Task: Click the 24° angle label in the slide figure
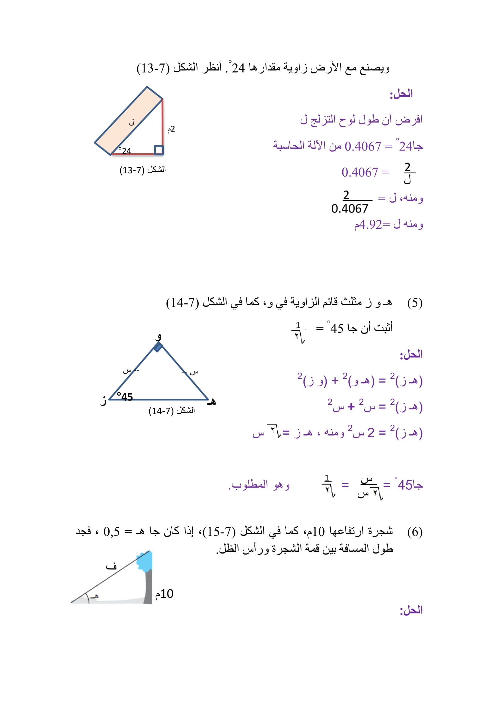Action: click(x=125, y=150)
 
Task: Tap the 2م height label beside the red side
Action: click(x=171, y=129)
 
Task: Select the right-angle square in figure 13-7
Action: click(x=159, y=150)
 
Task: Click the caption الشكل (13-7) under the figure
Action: click(x=143, y=169)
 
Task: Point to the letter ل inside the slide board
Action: click(x=132, y=122)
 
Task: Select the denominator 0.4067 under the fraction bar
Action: click(x=350, y=209)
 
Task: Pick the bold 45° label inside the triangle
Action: click(x=125, y=397)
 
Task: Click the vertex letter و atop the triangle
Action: click(x=158, y=337)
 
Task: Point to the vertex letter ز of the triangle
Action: click(x=104, y=400)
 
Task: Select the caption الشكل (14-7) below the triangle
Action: click(x=172, y=411)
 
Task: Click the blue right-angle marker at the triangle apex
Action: click(x=158, y=347)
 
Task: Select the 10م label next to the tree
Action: click(x=164, y=594)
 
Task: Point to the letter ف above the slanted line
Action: click(x=111, y=566)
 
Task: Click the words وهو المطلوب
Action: click(x=259, y=485)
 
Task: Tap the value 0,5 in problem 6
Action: click(x=112, y=532)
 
